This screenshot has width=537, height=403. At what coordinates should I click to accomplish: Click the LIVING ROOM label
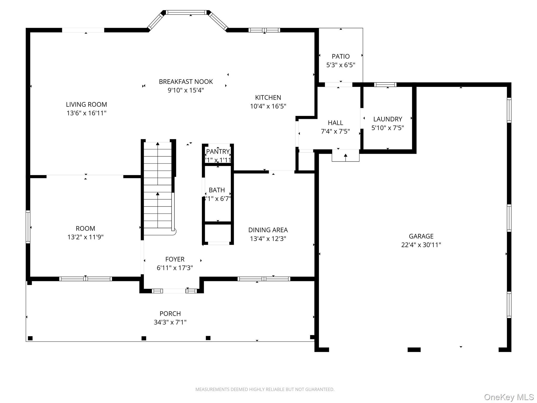tap(86, 104)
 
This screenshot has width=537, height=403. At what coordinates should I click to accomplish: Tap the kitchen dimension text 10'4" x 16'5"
tap(268, 106)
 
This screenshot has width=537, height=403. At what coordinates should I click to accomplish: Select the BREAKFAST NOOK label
tap(186, 82)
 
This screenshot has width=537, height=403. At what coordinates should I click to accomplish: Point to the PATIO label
tap(341, 56)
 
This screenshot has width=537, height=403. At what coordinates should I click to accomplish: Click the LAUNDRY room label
tap(388, 119)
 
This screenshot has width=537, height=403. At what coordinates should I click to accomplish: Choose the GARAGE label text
tap(421, 236)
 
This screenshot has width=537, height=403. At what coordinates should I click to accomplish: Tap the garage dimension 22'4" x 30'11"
tap(421, 245)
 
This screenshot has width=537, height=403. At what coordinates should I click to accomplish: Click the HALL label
tap(335, 123)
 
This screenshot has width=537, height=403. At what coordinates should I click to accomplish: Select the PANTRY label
tap(218, 151)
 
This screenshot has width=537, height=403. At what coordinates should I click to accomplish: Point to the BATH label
tap(217, 190)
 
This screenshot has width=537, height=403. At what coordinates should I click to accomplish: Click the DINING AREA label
tap(268, 230)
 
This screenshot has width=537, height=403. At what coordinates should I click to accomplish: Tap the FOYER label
tap(175, 259)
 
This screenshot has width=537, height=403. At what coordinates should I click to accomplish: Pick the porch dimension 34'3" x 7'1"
tap(170, 322)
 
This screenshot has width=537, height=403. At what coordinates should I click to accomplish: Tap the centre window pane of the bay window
tap(186, 12)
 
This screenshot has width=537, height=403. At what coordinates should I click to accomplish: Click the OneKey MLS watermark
tap(509, 397)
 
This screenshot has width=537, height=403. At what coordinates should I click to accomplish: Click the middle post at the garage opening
tap(414, 349)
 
